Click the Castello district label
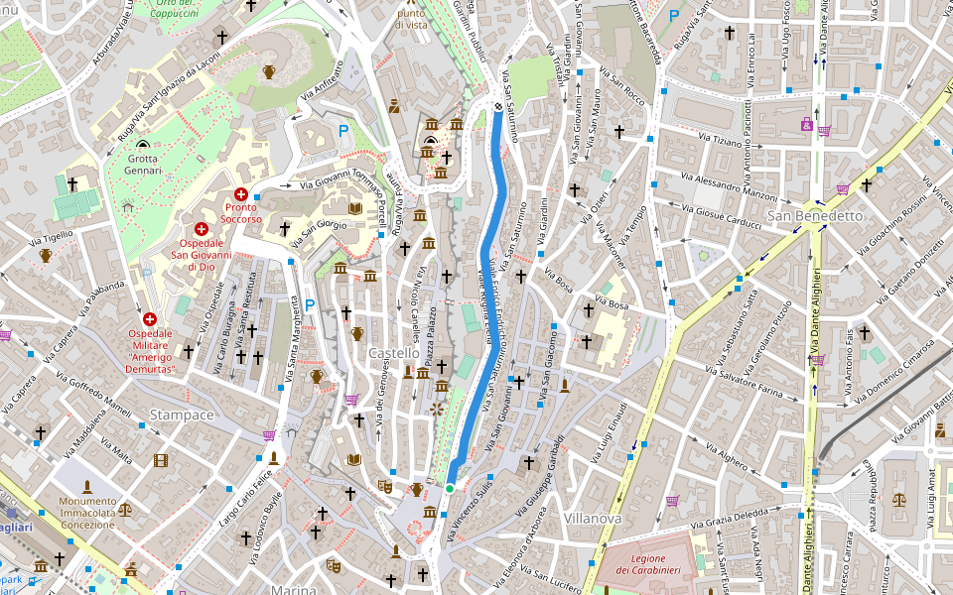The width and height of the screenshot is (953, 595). (x=393, y=353)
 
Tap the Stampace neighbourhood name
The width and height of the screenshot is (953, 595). (x=182, y=414)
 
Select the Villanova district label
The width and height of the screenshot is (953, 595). (x=592, y=519)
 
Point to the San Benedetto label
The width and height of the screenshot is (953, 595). (x=815, y=215)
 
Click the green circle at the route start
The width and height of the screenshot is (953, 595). (x=450, y=488)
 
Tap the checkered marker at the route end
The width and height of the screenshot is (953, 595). (x=497, y=107)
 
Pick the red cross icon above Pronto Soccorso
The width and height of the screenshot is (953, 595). (x=240, y=194)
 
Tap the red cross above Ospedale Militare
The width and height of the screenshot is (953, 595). (x=150, y=319)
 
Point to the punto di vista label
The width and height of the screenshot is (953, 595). (x=411, y=18)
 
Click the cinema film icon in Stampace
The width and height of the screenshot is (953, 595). (x=161, y=460)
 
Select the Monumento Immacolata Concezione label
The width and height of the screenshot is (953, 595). (x=87, y=513)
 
